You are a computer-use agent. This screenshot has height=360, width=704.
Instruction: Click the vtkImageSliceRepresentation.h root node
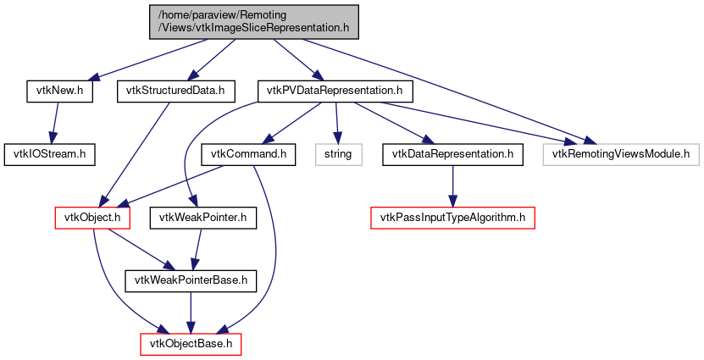click(x=252, y=22)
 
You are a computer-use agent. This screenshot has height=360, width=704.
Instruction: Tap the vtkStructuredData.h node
click(x=175, y=90)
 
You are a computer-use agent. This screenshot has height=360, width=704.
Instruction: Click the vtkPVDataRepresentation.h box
click(x=334, y=90)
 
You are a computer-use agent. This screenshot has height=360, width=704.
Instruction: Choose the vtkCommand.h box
click(x=247, y=154)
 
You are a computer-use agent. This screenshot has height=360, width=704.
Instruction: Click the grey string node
click(x=339, y=154)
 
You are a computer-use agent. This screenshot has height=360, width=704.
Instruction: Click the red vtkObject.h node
click(x=92, y=219)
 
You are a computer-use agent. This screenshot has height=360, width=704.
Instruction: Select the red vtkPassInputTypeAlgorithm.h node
click(x=453, y=219)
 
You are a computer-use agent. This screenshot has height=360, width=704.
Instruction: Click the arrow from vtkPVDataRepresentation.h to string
click(x=337, y=122)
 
